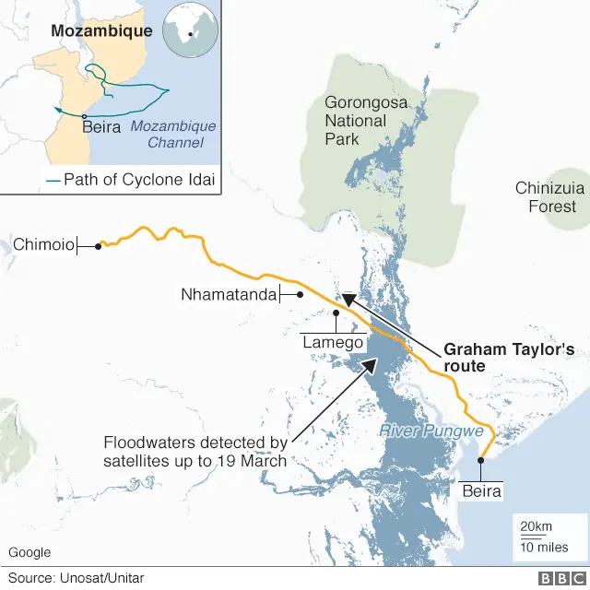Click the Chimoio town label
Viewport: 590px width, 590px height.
pos(43,245)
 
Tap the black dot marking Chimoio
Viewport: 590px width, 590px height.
pos(98,246)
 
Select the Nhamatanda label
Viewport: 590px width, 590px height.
pos(228,295)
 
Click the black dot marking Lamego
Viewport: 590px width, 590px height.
pos(336,313)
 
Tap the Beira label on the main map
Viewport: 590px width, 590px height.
pos(482,491)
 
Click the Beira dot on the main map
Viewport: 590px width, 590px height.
pos(480,460)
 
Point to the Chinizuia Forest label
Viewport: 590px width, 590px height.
pos(550,197)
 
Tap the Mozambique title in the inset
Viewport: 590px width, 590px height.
pos(101,31)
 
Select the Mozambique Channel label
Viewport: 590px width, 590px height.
pos(173,135)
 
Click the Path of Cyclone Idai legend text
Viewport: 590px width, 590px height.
pos(138,180)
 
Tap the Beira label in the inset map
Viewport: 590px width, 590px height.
pos(101,127)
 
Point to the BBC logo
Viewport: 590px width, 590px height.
pos(559,578)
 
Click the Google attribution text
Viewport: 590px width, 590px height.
pos(29,552)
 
